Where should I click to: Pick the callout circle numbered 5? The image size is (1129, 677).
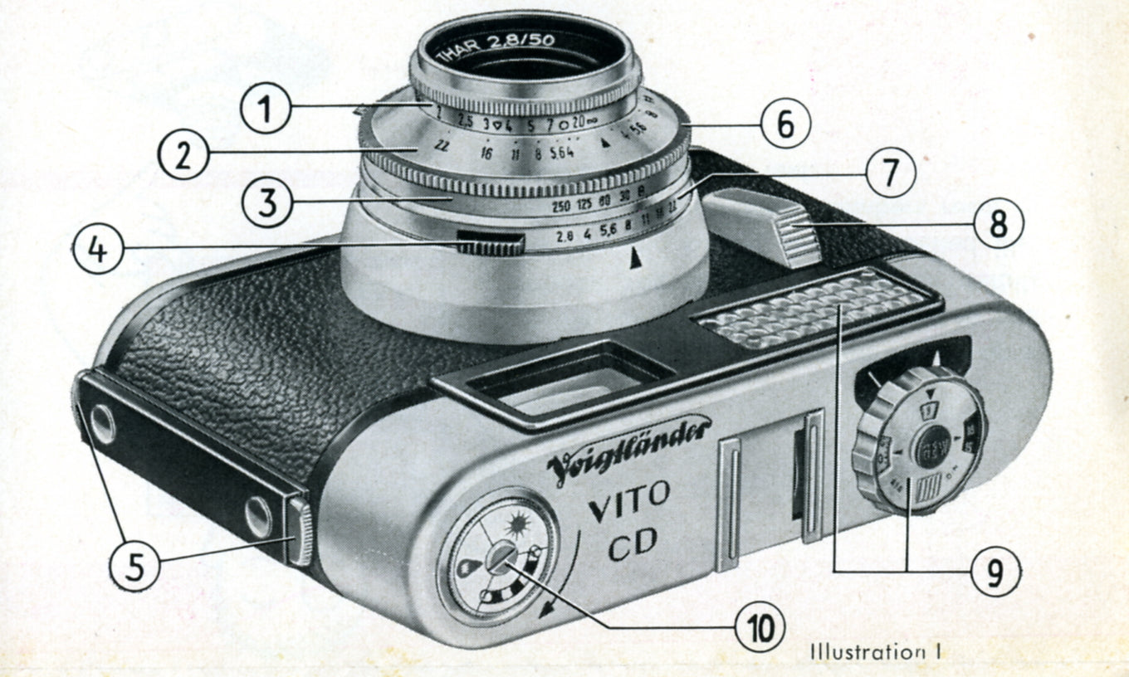[x=134, y=567]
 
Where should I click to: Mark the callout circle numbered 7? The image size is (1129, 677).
[x=890, y=176]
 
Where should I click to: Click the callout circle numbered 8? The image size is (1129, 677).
[x=999, y=222]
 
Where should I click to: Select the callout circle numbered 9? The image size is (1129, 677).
[x=995, y=572]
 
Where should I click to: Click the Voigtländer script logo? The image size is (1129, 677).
[x=628, y=449]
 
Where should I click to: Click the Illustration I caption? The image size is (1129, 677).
[x=876, y=652]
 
